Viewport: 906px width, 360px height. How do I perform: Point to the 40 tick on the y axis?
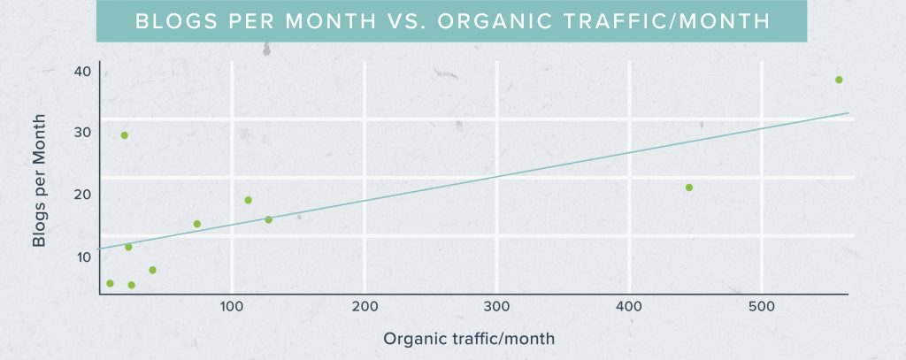click(82, 70)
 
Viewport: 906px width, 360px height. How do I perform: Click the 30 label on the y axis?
click(82, 132)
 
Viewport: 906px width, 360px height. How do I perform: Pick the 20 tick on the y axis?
click(82, 194)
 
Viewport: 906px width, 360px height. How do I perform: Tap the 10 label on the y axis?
click(82, 257)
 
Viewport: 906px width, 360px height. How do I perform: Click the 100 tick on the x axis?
click(232, 307)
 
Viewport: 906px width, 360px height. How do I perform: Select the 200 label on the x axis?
click(365, 307)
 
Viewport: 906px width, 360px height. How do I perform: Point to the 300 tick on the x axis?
click(497, 307)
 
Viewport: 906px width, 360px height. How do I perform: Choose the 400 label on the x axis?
click(629, 307)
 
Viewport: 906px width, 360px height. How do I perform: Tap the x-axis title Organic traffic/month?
click(469, 339)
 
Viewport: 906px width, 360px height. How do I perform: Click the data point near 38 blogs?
click(839, 80)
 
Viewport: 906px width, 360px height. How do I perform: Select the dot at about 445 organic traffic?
click(689, 188)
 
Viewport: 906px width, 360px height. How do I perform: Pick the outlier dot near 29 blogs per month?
click(125, 135)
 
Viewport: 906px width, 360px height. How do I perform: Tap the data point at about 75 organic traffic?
click(197, 224)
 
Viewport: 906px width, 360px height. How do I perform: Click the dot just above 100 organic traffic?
click(248, 200)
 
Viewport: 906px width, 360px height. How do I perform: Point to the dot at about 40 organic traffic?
click(152, 270)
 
